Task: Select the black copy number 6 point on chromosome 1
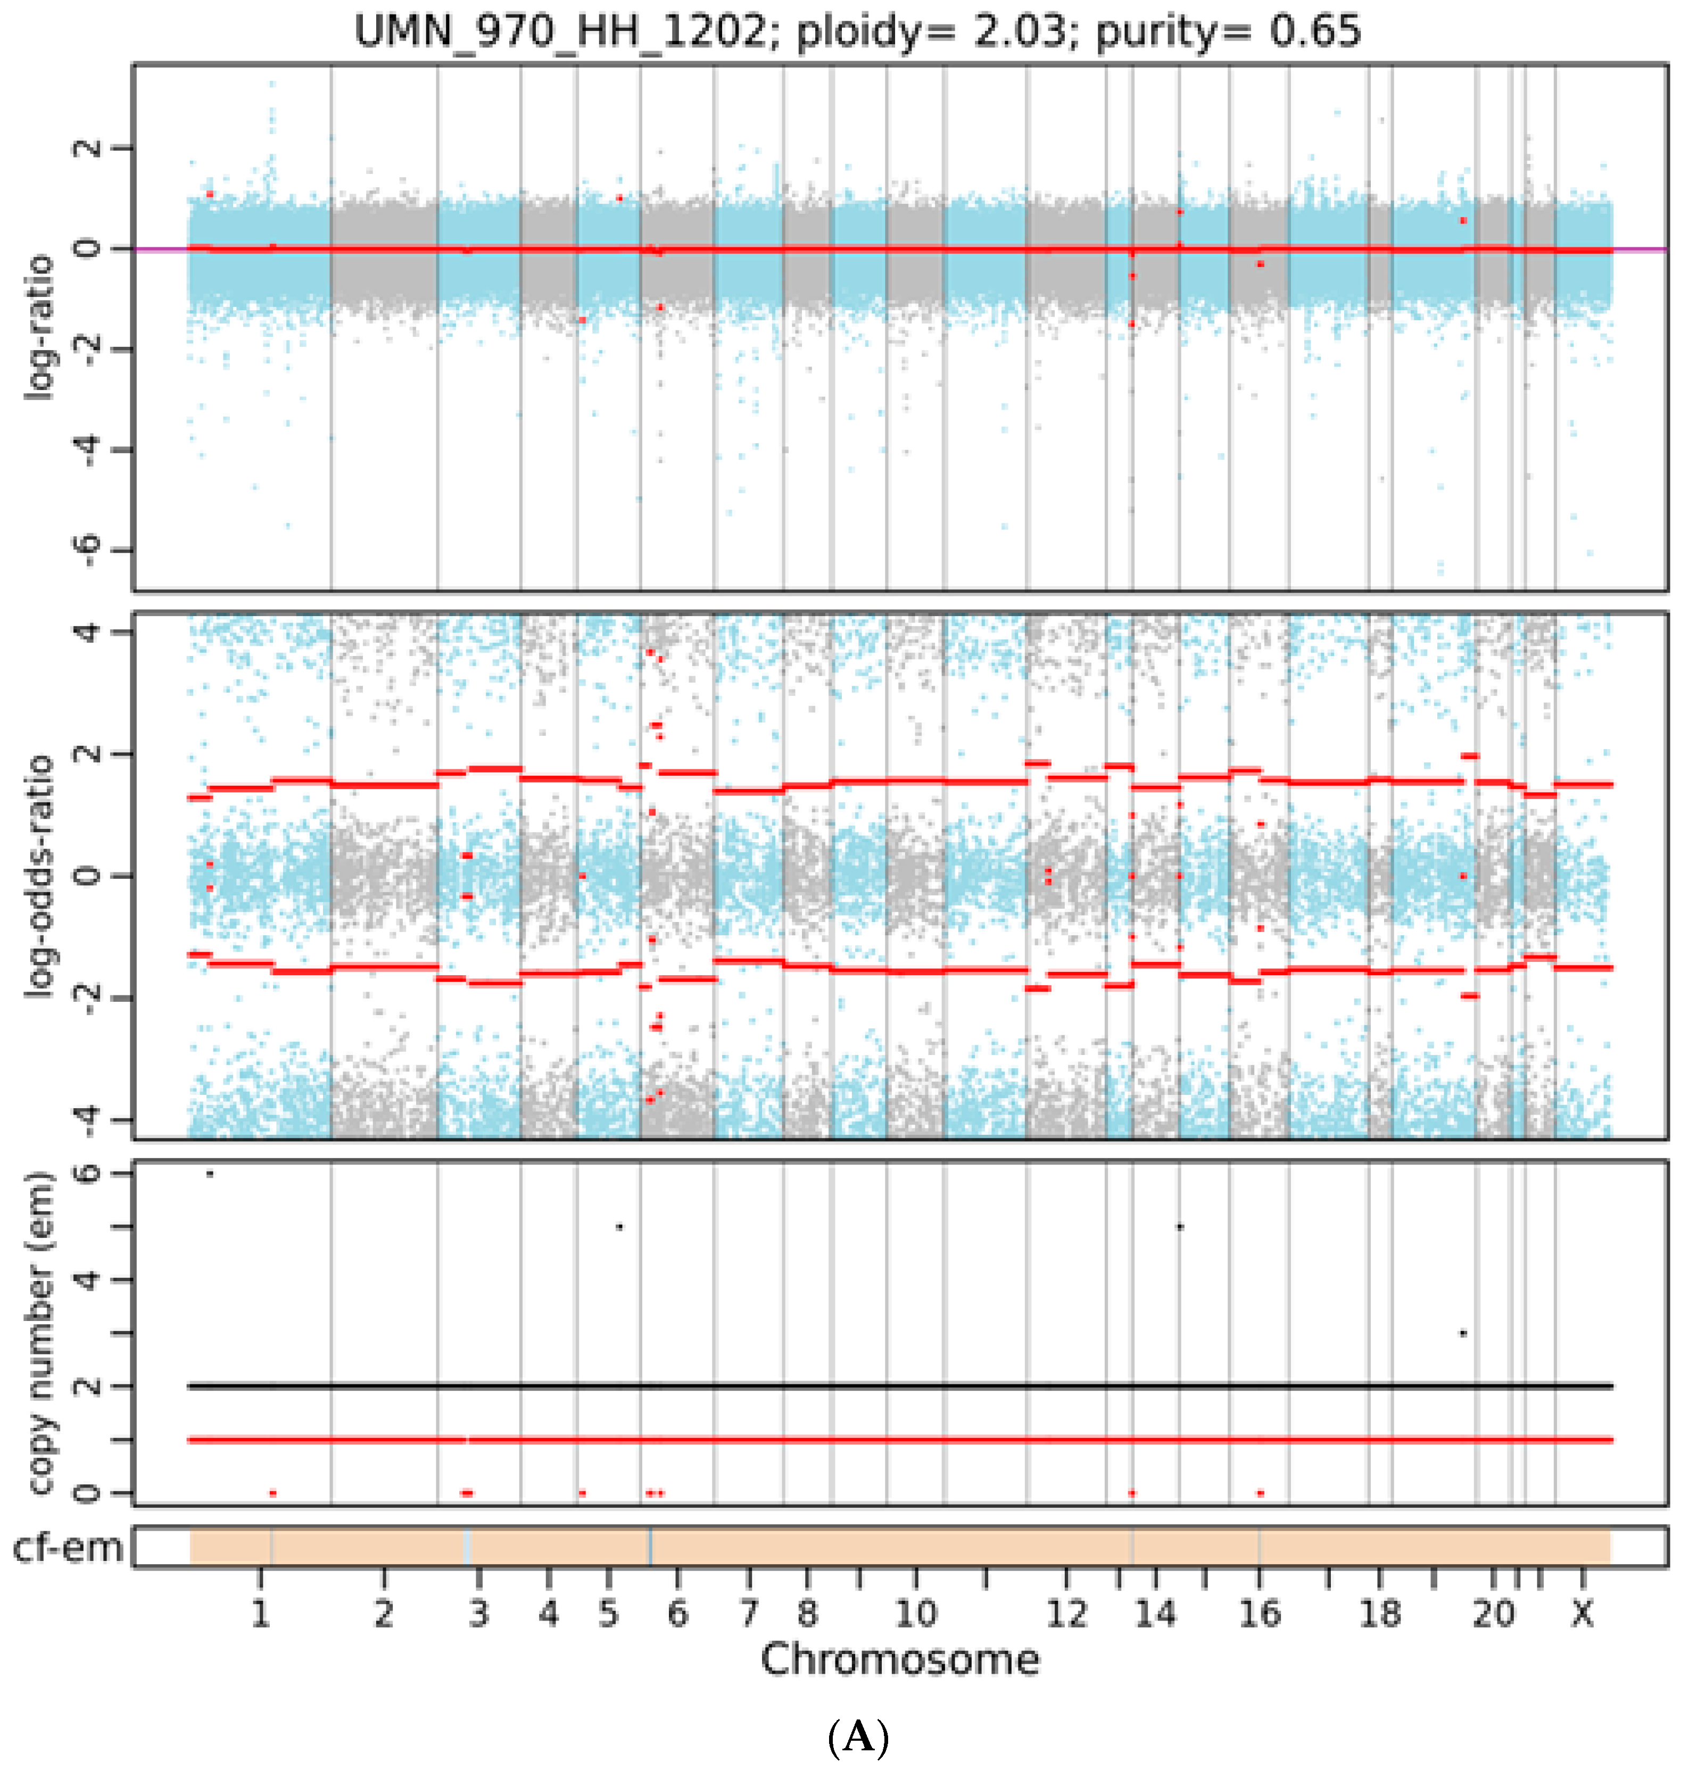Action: tap(210, 1173)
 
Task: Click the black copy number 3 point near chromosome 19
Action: tap(1463, 1333)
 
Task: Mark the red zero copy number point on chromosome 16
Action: tap(1261, 1493)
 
